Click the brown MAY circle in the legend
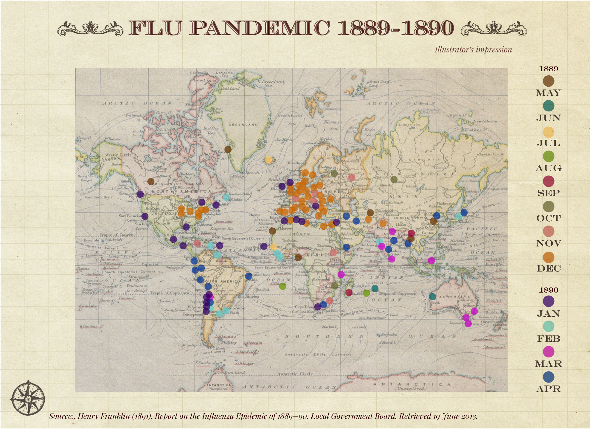pos(548,81)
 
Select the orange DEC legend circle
pos(548,257)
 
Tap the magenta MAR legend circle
pos(548,352)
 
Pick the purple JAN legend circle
pos(548,301)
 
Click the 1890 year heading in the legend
pos(548,290)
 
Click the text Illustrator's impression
pos(473,50)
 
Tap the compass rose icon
pos(28,398)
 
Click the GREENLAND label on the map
pos(243,125)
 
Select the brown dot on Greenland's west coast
pos(228,150)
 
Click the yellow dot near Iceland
pos(268,160)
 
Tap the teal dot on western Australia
pos(432,296)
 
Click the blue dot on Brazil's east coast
pos(249,276)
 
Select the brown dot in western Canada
pos(151,181)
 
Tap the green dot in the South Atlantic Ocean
pos(282,286)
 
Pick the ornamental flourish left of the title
pos(90,29)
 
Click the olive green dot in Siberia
pos(394,179)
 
